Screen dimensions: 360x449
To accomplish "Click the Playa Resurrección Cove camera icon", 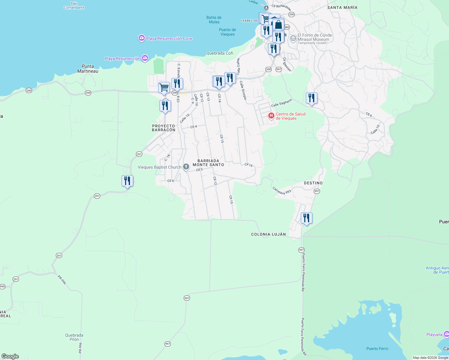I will pos(141,38).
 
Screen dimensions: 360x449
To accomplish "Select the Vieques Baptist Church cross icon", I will pos(186,167).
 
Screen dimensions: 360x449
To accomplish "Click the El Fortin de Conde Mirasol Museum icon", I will pos(293,38).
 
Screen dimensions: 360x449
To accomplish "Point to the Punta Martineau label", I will pos(88,69).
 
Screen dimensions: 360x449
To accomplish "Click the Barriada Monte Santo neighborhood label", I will pos(208,163).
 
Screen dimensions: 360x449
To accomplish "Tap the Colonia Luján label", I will pos(268,234).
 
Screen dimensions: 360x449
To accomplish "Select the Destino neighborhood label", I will pos(313,183).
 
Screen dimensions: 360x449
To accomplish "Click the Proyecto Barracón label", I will pos(164,128).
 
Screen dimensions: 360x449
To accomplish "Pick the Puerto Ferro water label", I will pos(377,349).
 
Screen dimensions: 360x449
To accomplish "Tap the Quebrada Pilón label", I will pos(74,337).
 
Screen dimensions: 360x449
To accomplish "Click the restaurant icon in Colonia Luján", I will pos(306,218).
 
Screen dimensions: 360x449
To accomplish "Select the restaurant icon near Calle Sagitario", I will pos(312,98).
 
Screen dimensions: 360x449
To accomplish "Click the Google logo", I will pos(10,356).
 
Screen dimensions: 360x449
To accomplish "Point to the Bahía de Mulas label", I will pos(214,20).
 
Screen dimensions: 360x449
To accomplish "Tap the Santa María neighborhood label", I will pos(342,7).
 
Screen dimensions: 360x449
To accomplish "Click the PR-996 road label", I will pos(62,280).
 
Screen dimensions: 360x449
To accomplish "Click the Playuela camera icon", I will pos(446,334).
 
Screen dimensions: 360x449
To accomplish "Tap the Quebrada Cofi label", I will pos(220,53).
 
